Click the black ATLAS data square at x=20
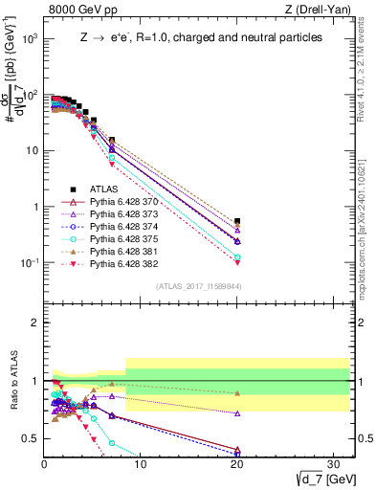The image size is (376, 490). click(237, 221)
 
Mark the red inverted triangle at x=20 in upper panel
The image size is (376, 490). click(237, 262)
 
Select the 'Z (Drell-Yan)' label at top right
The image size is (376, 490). click(321, 11)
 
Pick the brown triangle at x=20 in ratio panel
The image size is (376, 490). click(237, 393)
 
